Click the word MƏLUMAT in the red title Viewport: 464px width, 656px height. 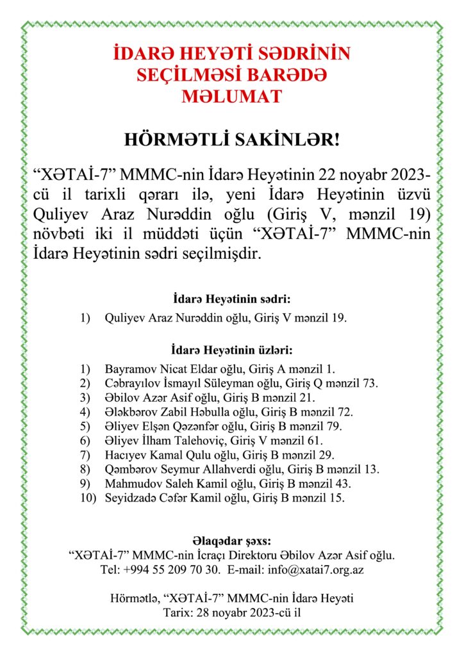[x=231, y=96]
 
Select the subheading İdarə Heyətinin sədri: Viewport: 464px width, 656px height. [x=232, y=299]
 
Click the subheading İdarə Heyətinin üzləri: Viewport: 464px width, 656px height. [x=232, y=350]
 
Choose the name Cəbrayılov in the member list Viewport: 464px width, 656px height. [x=130, y=383]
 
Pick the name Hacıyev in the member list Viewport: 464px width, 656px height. [x=124, y=455]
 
